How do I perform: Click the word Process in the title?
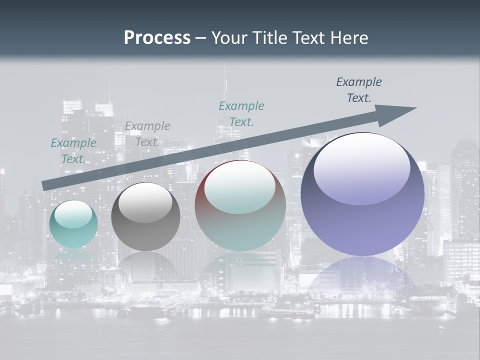[157, 38]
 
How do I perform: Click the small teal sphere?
[73, 224]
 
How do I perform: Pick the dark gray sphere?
[145, 217]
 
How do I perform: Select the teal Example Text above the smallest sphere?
[73, 150]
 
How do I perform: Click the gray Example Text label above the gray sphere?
[147, 133]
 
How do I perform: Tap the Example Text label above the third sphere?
[241, 113]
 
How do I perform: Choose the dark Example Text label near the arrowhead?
[359, 89]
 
